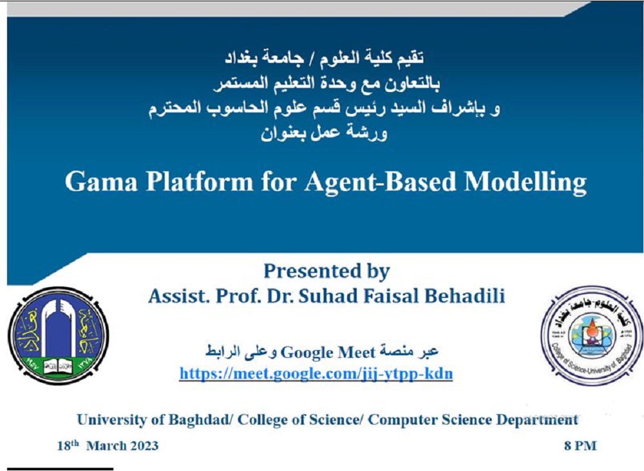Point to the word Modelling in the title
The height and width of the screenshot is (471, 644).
525,182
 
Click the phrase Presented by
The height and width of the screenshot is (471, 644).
327,271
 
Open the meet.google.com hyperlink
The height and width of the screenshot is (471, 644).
316,374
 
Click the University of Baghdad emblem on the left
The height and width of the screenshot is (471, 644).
57,335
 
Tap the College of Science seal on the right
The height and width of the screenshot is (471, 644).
582,335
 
